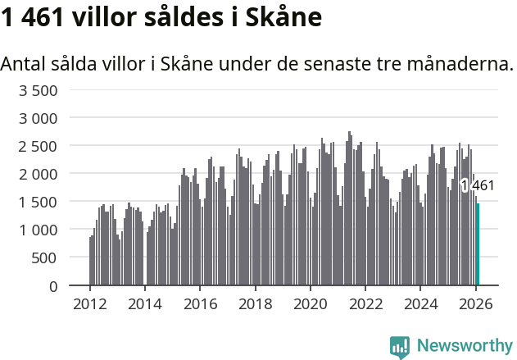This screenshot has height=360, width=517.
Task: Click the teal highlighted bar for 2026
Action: pos(478,244)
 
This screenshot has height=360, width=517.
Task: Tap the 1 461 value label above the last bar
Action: pos(478,186)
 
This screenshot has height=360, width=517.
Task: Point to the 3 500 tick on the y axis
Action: pos(38,90)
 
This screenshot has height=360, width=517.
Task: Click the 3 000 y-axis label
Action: pos(38,118)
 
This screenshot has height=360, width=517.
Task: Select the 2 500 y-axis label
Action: pos(38,146)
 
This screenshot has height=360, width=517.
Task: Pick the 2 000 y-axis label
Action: pos(38,174)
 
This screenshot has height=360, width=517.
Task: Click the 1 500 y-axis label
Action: pos(38,202)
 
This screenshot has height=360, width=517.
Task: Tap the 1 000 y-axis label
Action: pos(38,230)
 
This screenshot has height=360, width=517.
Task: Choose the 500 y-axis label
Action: pos(44,257)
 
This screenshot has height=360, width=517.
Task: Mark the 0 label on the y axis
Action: pos(52,285)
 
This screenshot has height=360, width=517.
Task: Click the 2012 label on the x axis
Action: pos(89,304)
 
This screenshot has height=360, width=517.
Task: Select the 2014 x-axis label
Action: pos(144,304)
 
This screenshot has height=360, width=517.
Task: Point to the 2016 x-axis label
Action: pos(200,304)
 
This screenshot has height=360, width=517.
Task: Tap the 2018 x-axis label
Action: pos(256,304)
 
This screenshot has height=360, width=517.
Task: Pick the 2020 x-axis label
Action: pos(311,304)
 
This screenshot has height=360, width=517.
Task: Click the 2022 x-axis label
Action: pos(366,304)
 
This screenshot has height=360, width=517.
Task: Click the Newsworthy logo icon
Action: pos(400,347)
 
